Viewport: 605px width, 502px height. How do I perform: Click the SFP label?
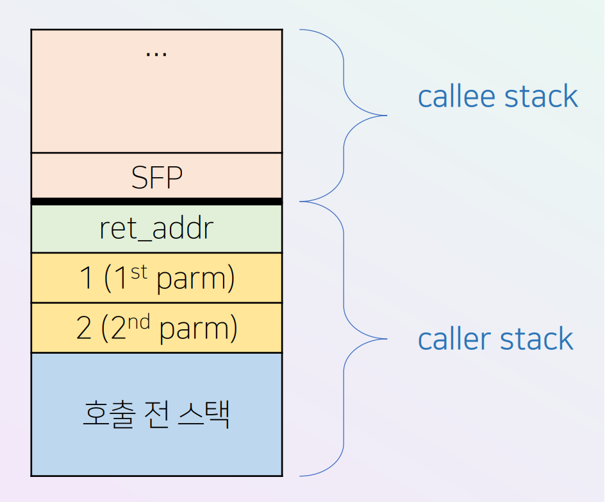(156, 177)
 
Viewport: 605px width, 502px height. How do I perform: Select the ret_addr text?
(156, 229)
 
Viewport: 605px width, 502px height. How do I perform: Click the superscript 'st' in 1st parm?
(140, 272)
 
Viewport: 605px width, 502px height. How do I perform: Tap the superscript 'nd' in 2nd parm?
(139, 322)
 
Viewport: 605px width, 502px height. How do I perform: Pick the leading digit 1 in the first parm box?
(87, 279)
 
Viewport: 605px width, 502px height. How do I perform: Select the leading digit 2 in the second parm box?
(84, 329)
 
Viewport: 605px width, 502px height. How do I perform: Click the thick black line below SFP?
(156, 202)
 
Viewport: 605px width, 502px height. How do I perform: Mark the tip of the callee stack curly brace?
(386, 116)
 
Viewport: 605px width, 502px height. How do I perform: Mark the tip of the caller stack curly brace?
(386, 338)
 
